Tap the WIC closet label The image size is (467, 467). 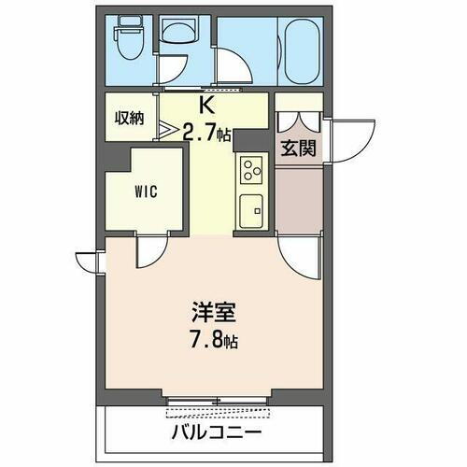[146, 192]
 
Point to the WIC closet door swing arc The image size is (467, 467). [149, 253]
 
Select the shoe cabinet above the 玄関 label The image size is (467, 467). [298, 119]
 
